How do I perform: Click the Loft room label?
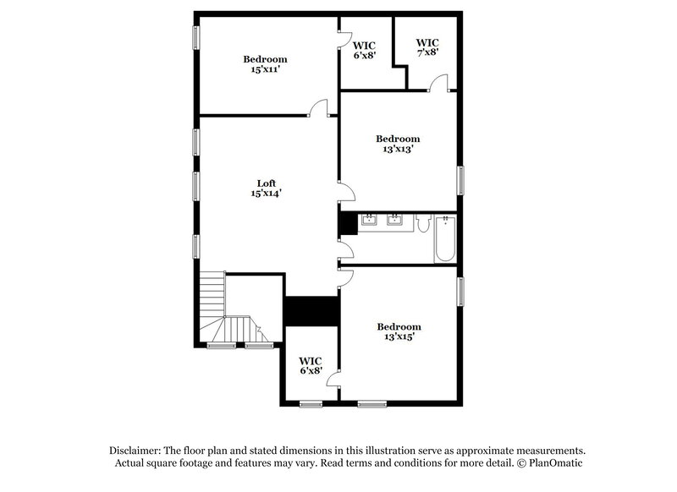(x=266, y=183)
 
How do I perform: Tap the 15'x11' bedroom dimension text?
(x=265, y=70)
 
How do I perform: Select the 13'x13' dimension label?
(x=398, y=150)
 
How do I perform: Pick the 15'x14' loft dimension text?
(x=266, y=194)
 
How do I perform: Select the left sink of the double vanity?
(x=370, y=222)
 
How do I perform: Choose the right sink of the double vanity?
(x=394, y=222)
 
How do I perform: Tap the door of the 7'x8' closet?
(x=438, y=83)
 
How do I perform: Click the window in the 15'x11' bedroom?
(x=195, y=38)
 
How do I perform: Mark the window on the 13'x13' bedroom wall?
(x=460, y=179)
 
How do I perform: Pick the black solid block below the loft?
(x=311, y=309)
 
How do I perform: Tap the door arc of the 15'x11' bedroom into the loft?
(x=318, y=107)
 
